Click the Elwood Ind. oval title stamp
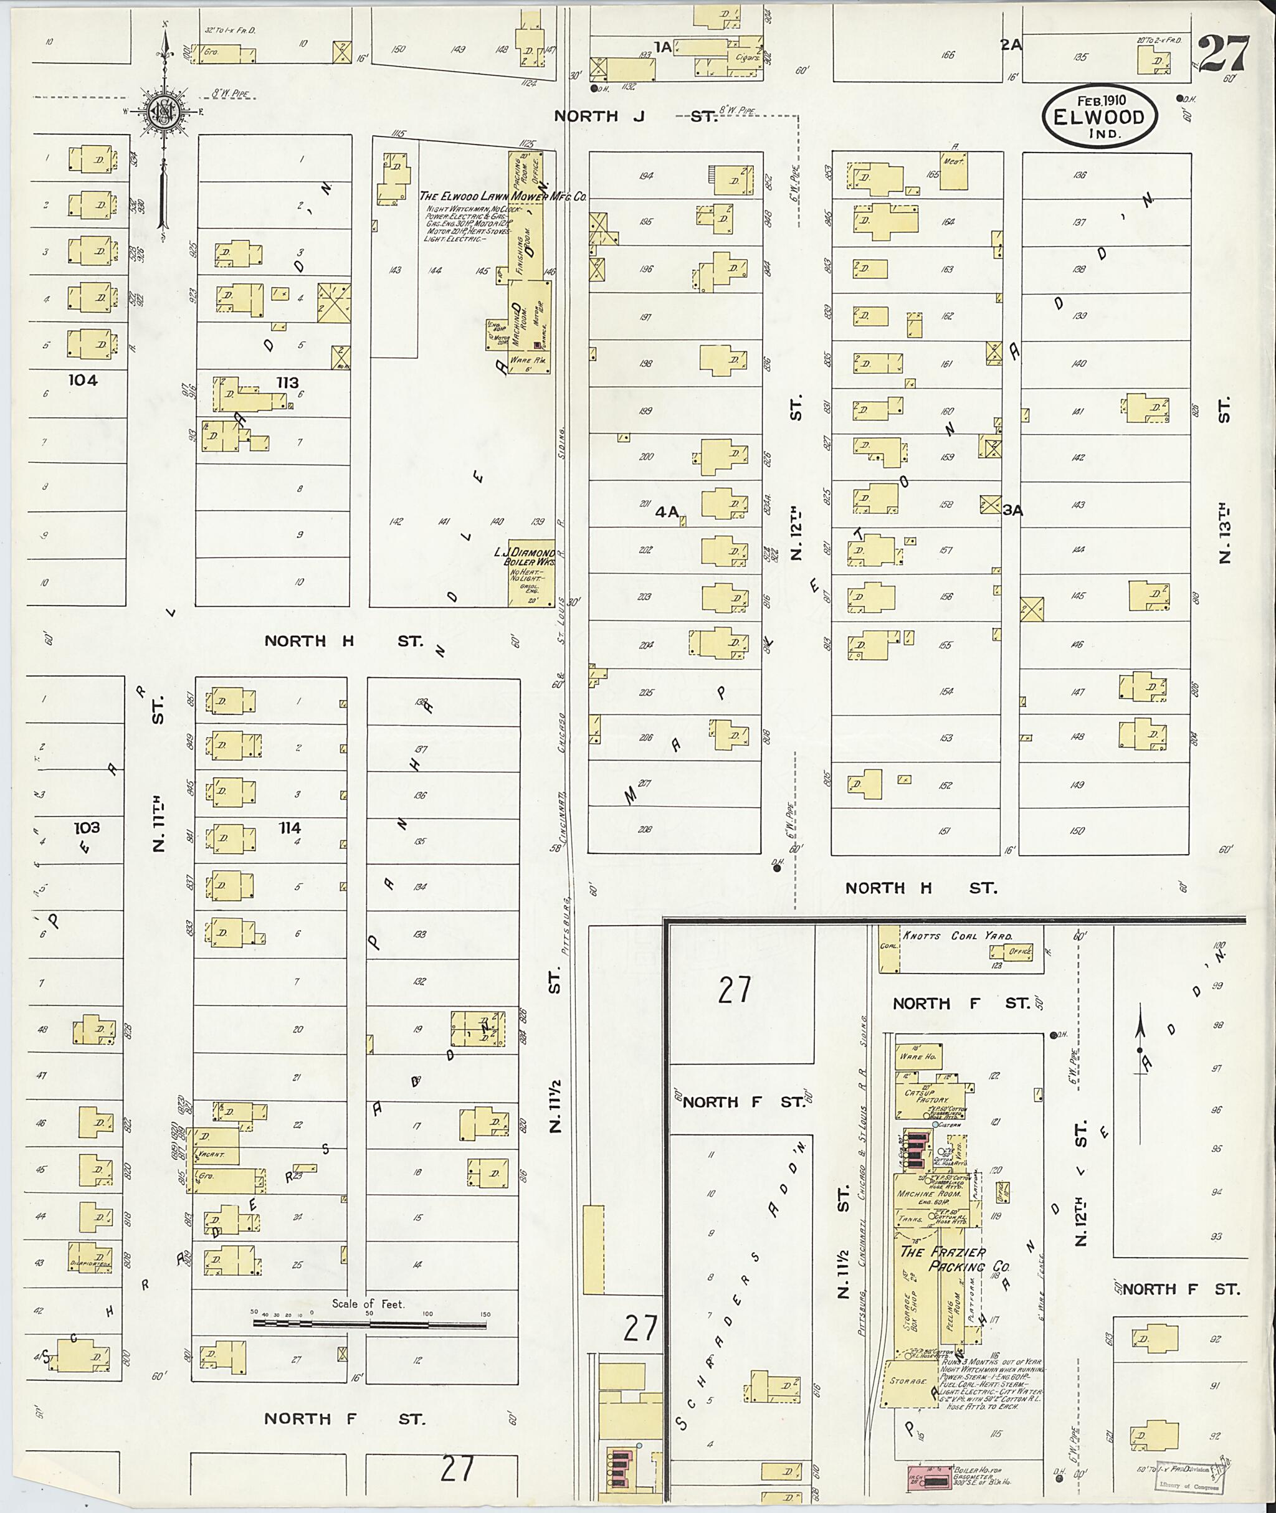tap(1100, 116)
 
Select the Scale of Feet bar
tap(369, 1324)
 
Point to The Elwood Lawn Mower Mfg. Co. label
tap(503, 196)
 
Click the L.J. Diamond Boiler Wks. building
tap(531, 572)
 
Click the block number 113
tap(287, 382)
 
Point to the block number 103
tap(86, 827)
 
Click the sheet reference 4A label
tap(667, 512)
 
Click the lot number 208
tap(644, 830)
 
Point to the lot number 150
tap(1077, 831)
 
